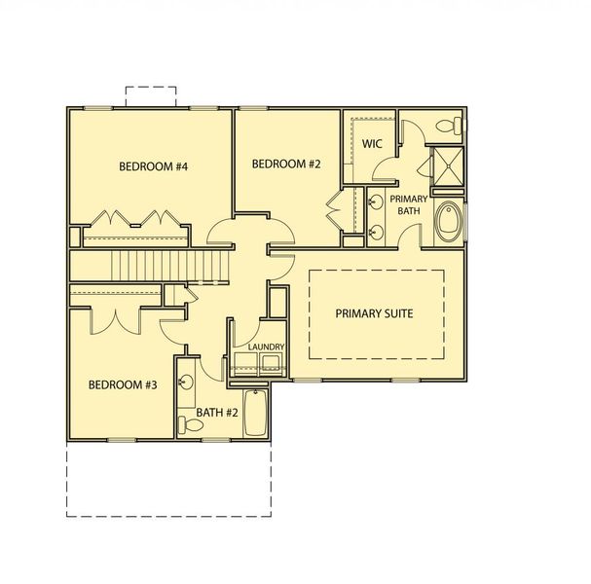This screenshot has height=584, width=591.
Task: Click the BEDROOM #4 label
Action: [x=153, y=166]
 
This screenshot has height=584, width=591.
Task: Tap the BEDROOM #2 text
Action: [x=286, y=164]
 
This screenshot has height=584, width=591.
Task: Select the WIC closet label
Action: [x=371, y=144]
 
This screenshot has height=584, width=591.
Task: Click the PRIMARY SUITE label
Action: [x=375, y=313]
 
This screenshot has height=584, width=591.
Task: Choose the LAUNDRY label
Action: [x=265, y=347]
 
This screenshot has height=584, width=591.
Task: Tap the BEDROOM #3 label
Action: [x=123, y=384]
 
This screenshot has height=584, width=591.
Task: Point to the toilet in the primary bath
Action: [x=450, y=126]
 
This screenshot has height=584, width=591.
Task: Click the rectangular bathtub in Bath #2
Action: [x=254, y=411]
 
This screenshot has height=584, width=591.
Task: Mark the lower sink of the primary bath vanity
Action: [x=375, y=233]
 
